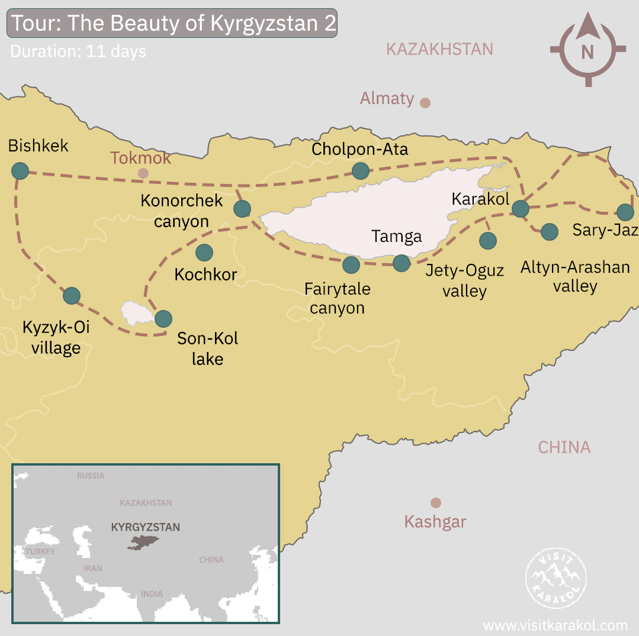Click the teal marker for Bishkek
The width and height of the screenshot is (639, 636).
coord(20,171)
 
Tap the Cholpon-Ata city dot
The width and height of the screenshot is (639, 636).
coord(360,171)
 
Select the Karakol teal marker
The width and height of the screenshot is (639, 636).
coord(520,208)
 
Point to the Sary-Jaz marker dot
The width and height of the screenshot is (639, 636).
coord(625,212)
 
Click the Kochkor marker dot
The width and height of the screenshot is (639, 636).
coord(204,253)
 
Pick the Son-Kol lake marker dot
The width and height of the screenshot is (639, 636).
coord(163,319)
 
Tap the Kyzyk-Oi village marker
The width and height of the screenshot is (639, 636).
coord(72,295)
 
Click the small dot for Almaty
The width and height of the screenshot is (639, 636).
coord(425,103)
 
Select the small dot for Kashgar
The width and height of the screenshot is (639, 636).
coord(436,503)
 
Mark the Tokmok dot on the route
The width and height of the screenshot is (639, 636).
coord(143,173)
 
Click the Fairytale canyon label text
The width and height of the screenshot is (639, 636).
coord(337,298)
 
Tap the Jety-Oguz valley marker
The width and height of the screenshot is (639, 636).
coord(487,240)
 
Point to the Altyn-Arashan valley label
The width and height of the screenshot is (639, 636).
coord(574,276)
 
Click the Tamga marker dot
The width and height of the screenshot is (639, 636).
coord(401,263)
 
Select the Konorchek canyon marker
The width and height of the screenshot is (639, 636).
coord(242,208)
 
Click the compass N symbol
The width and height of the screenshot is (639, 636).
coord(587,51)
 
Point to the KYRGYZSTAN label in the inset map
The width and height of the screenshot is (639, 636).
coord(145,527)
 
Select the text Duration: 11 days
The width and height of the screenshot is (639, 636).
coord(78,51)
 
